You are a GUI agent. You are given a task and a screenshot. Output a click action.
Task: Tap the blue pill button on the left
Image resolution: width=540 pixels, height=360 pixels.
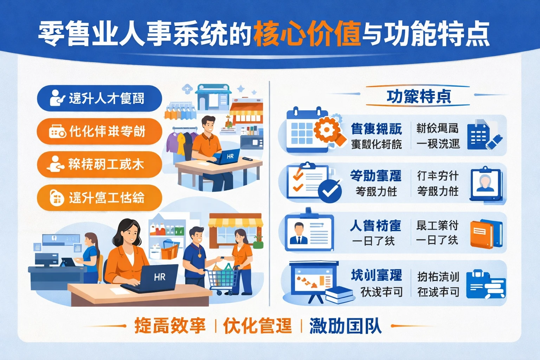(99, 98)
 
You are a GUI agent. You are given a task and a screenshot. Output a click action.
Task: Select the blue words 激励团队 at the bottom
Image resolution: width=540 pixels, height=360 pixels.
(345, 326)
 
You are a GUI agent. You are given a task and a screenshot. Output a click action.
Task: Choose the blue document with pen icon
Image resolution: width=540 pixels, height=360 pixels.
(483, 136)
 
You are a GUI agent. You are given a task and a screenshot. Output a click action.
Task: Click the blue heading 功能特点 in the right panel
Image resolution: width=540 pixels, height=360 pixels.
(418, 96)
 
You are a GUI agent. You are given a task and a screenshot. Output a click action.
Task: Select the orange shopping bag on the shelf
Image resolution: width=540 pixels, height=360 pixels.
(170, 250)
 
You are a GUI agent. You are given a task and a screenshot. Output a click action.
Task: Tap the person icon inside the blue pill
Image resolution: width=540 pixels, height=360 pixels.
(56, 98)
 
